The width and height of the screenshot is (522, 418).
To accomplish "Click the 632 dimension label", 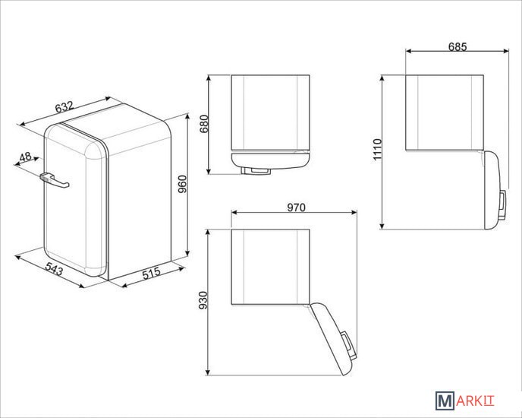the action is pos(64,107).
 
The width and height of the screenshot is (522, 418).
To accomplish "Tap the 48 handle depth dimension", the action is pos(25,157).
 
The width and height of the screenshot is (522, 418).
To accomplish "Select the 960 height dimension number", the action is pos(182,184).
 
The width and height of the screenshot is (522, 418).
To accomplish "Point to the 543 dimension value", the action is pos(54,269).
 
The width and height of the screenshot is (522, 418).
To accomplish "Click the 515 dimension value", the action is pos(152,273).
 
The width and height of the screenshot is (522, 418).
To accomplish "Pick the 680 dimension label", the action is pos(203,124).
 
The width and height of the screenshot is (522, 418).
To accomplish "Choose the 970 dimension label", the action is pos(296,207).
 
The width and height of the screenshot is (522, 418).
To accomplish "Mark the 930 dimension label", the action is pos(203,300).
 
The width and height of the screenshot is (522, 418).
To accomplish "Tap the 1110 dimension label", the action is pos(377,150).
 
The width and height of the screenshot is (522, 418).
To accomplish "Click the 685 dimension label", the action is pos(458,46).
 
